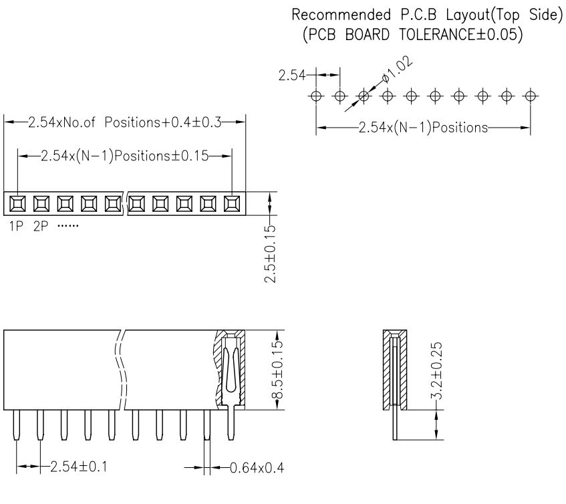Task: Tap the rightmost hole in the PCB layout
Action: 531,96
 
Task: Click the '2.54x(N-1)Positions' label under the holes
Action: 423,127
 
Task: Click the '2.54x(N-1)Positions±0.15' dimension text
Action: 124,156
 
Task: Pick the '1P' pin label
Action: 16,226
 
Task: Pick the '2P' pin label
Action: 41,226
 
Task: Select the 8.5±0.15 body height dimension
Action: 280,370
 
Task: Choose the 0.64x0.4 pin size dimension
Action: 256,467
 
